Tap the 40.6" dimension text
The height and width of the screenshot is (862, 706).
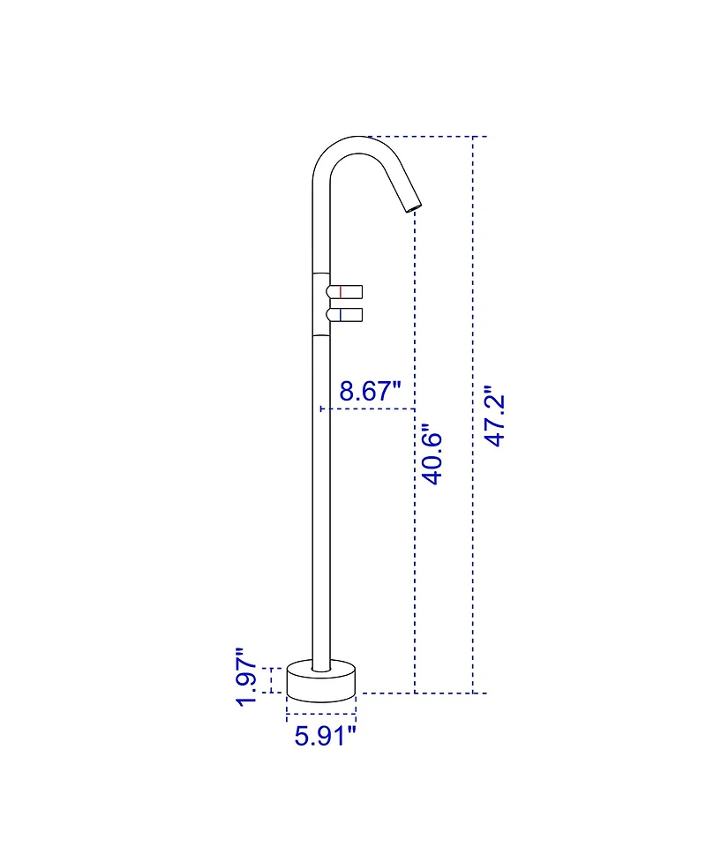pos(432,455)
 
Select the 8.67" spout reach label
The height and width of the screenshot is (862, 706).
pos(371,391)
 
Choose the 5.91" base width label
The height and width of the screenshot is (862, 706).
pos(325,735)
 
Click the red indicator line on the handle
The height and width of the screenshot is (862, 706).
pos(341,291)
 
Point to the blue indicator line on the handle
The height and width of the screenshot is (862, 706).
pos(341,314)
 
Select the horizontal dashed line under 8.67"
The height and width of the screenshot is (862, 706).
pos(367,409)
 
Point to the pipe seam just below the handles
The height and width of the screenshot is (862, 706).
pos(321,335)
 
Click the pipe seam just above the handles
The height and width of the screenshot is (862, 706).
pos(321,274)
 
